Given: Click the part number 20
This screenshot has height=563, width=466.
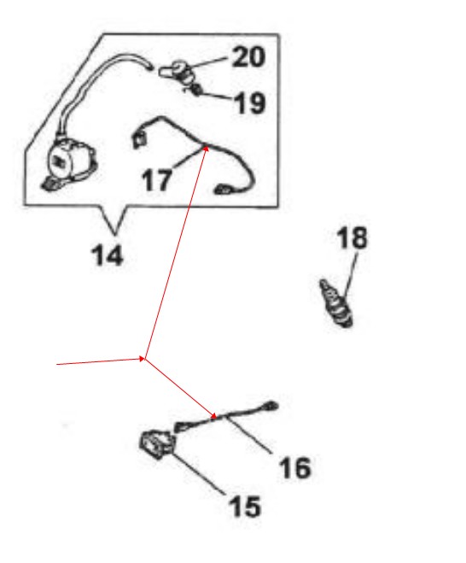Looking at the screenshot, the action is pos(249,56).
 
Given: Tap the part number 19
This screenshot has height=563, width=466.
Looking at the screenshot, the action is pos(250,103).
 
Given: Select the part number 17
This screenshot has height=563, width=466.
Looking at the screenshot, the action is pos(157,180).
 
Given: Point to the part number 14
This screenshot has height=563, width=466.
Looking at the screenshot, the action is pos(108,255).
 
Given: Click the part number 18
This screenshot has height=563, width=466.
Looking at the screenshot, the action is pos(352,238).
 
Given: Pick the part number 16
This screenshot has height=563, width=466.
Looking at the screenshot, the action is pos(295,467).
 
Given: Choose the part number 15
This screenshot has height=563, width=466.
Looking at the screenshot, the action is pos(246,507).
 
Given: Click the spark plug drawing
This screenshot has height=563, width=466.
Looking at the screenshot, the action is pos(336,303).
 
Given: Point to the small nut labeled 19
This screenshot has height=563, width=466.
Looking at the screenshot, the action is pos(195,90).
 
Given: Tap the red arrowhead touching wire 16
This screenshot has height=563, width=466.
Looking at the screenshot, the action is pos(213,416).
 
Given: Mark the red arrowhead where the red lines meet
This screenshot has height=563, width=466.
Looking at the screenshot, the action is pos(142,358).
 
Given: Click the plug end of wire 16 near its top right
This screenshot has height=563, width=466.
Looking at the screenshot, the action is pos(271,406).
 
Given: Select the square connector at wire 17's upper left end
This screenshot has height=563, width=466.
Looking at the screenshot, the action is pos(138,139).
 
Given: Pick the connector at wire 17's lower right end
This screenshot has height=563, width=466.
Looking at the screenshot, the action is pos(223,190).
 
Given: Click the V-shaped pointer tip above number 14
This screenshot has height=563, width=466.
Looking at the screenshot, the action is pos(115,235).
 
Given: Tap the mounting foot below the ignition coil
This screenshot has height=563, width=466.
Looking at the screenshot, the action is pos(50,185).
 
